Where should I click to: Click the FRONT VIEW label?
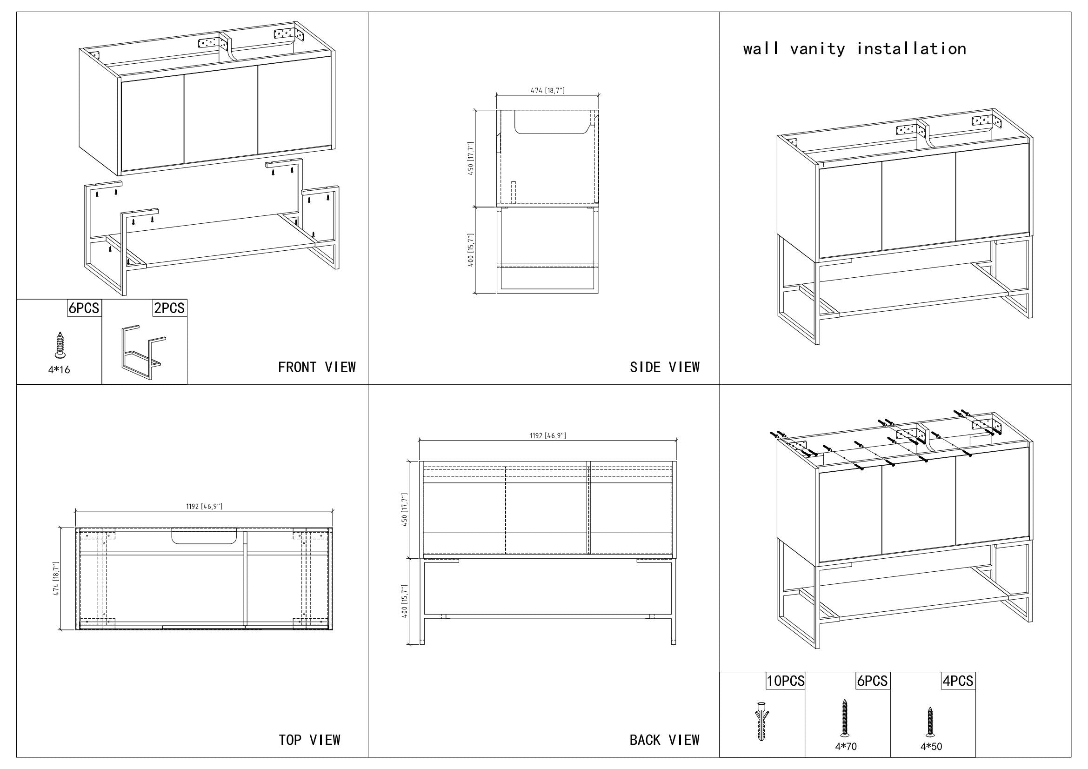point(317,367)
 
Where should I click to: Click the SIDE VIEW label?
point(664,367)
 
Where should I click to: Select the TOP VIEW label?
point(309,740)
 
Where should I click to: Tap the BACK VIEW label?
point(664,740)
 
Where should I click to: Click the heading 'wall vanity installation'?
point(854,49)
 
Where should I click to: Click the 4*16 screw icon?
point(59,345)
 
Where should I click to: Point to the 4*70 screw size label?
point(845,747)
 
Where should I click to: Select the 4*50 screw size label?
point(931,747)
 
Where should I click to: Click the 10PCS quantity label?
point(786,681)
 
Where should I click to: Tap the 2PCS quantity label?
point(169,308)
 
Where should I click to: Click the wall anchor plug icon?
point(761,721)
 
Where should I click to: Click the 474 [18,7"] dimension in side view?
point(547,91)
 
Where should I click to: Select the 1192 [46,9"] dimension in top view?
point(204,507)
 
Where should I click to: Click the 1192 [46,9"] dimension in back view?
point(547,436)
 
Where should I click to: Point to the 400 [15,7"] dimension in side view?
point(471,250)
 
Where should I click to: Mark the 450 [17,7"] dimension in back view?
point(404,510)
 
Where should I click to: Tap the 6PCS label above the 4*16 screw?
point(84,308)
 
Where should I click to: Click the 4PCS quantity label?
point(958,681)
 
